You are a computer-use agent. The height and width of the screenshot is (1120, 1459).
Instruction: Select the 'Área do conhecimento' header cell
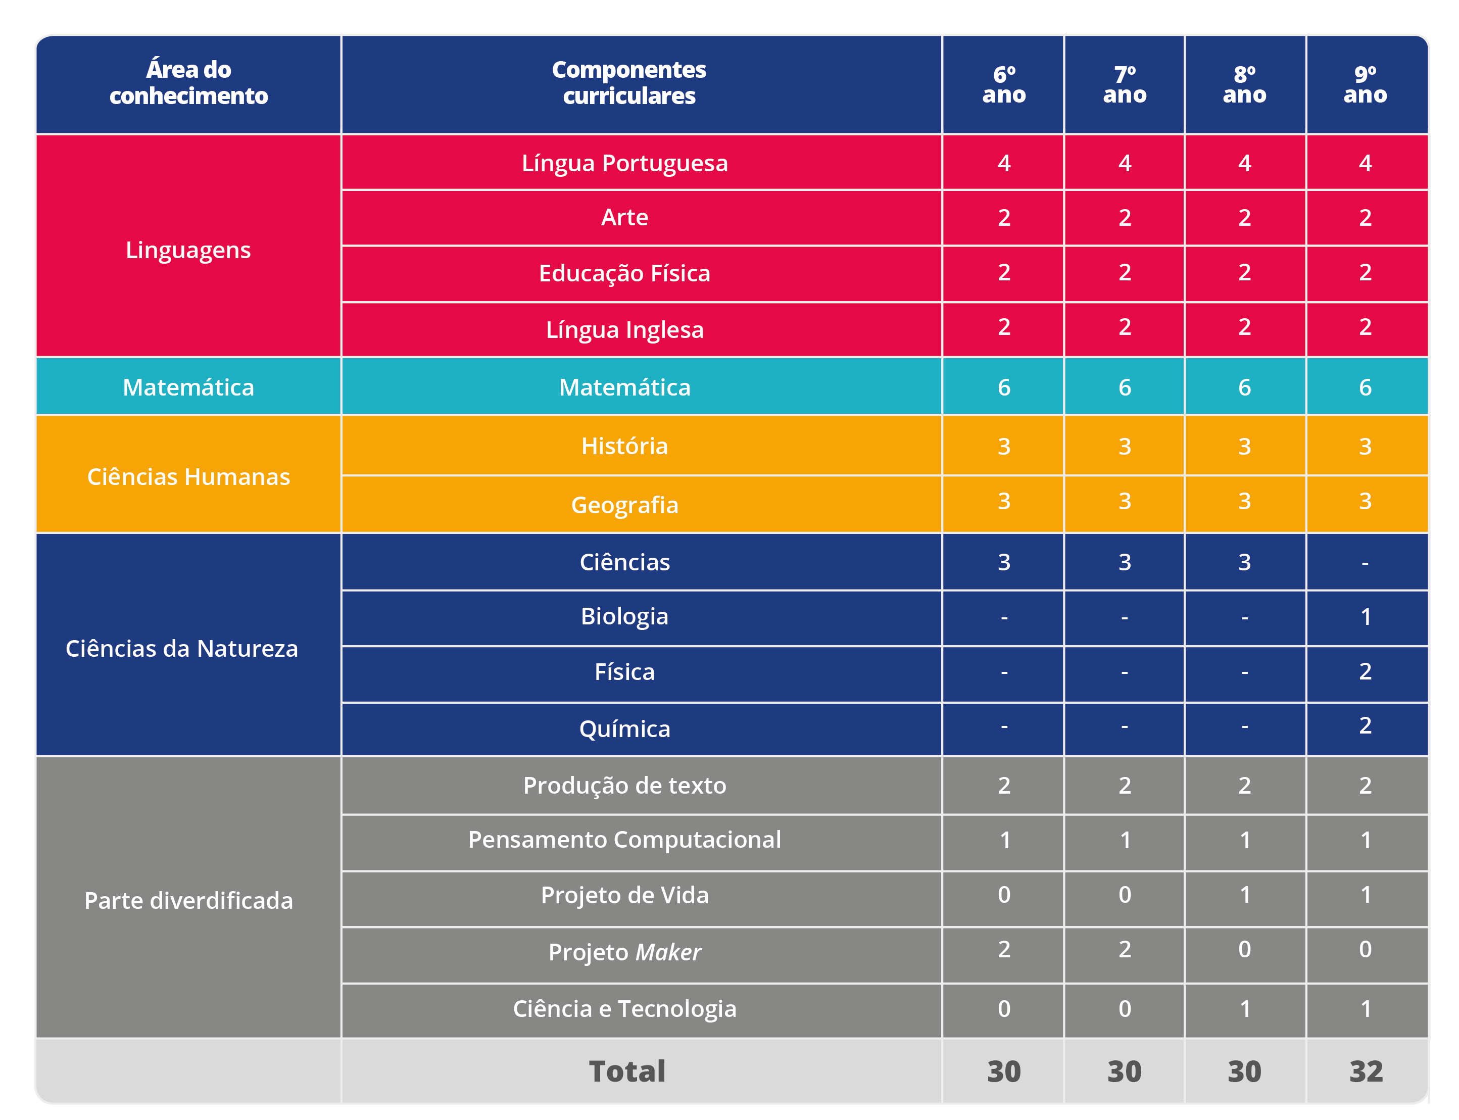pos(188,83)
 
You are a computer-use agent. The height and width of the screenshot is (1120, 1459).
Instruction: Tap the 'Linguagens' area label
pos(188,250)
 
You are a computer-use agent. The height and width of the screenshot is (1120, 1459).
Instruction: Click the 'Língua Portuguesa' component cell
pos(624,163)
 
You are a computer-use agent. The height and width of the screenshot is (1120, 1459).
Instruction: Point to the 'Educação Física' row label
pos(624,273)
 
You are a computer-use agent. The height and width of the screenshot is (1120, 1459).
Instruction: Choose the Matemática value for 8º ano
pos(1244,387)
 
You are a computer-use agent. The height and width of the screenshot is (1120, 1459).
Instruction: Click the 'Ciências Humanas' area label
pos(188,477)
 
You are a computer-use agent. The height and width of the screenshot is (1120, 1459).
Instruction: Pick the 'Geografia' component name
pos(624,505)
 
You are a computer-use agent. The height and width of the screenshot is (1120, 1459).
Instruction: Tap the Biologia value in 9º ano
pos(1365,617)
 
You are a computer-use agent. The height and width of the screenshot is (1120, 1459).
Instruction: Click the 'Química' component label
pos(624,728)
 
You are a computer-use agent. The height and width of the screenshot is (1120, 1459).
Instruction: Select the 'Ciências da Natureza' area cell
pos(182,649)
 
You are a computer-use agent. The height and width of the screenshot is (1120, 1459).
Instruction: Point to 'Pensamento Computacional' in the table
pos(624,839)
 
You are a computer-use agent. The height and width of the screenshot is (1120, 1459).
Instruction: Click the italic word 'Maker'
pos(668,952)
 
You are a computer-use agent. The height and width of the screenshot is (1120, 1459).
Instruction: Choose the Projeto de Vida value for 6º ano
pos(1004,895)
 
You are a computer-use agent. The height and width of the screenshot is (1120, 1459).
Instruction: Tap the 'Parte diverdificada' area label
pos(188,901)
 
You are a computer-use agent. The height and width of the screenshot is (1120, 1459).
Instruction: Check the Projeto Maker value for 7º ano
pos(1125,949)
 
